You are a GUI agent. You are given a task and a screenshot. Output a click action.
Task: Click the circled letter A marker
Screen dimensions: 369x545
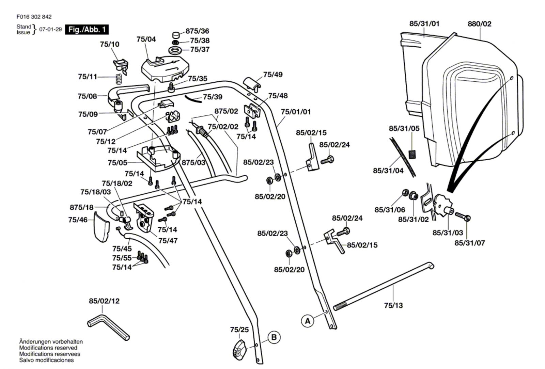click(308, 321)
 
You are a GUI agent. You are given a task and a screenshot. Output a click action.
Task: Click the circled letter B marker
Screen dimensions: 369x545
click(274, 338)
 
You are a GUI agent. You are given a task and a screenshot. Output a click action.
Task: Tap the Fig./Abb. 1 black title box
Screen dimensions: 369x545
click(87, 29)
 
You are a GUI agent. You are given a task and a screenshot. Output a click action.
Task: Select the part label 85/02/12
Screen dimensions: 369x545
click(104, 301)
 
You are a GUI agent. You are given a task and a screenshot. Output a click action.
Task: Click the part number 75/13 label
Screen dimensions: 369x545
click(393, 305)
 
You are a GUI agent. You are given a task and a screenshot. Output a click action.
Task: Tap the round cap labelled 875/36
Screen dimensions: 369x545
click(176, 35)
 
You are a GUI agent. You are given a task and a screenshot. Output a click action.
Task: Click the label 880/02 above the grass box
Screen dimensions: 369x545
click(479, 24)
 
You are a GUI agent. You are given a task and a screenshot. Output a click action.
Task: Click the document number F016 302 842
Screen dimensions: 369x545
click(34, 17)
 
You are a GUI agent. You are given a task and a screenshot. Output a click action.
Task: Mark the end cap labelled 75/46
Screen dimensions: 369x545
click(102, 226)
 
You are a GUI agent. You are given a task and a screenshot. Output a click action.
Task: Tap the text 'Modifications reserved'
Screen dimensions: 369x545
click(48, 348)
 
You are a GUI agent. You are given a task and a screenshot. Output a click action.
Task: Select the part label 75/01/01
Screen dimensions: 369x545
click(296, 112)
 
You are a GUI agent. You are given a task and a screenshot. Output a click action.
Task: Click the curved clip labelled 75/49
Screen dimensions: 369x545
click(252, 83)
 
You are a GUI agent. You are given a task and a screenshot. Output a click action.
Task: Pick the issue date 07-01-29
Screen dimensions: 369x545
click(50, 29)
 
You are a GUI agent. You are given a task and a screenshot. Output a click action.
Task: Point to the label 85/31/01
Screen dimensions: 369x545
click(424, 24)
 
